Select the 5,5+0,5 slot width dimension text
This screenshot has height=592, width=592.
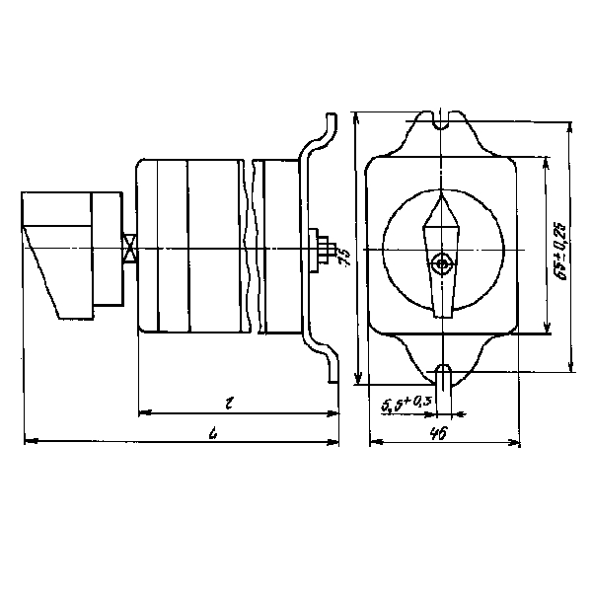point(405,402)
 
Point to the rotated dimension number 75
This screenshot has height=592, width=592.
point(344,259)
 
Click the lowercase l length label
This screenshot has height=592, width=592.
point(228,402)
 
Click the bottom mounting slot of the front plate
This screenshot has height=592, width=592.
point(444,375)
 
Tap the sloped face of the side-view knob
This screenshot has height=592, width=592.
point(42,271)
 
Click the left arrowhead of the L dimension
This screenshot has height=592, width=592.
point(25,441)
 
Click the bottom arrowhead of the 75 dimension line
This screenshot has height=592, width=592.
point(357,381)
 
